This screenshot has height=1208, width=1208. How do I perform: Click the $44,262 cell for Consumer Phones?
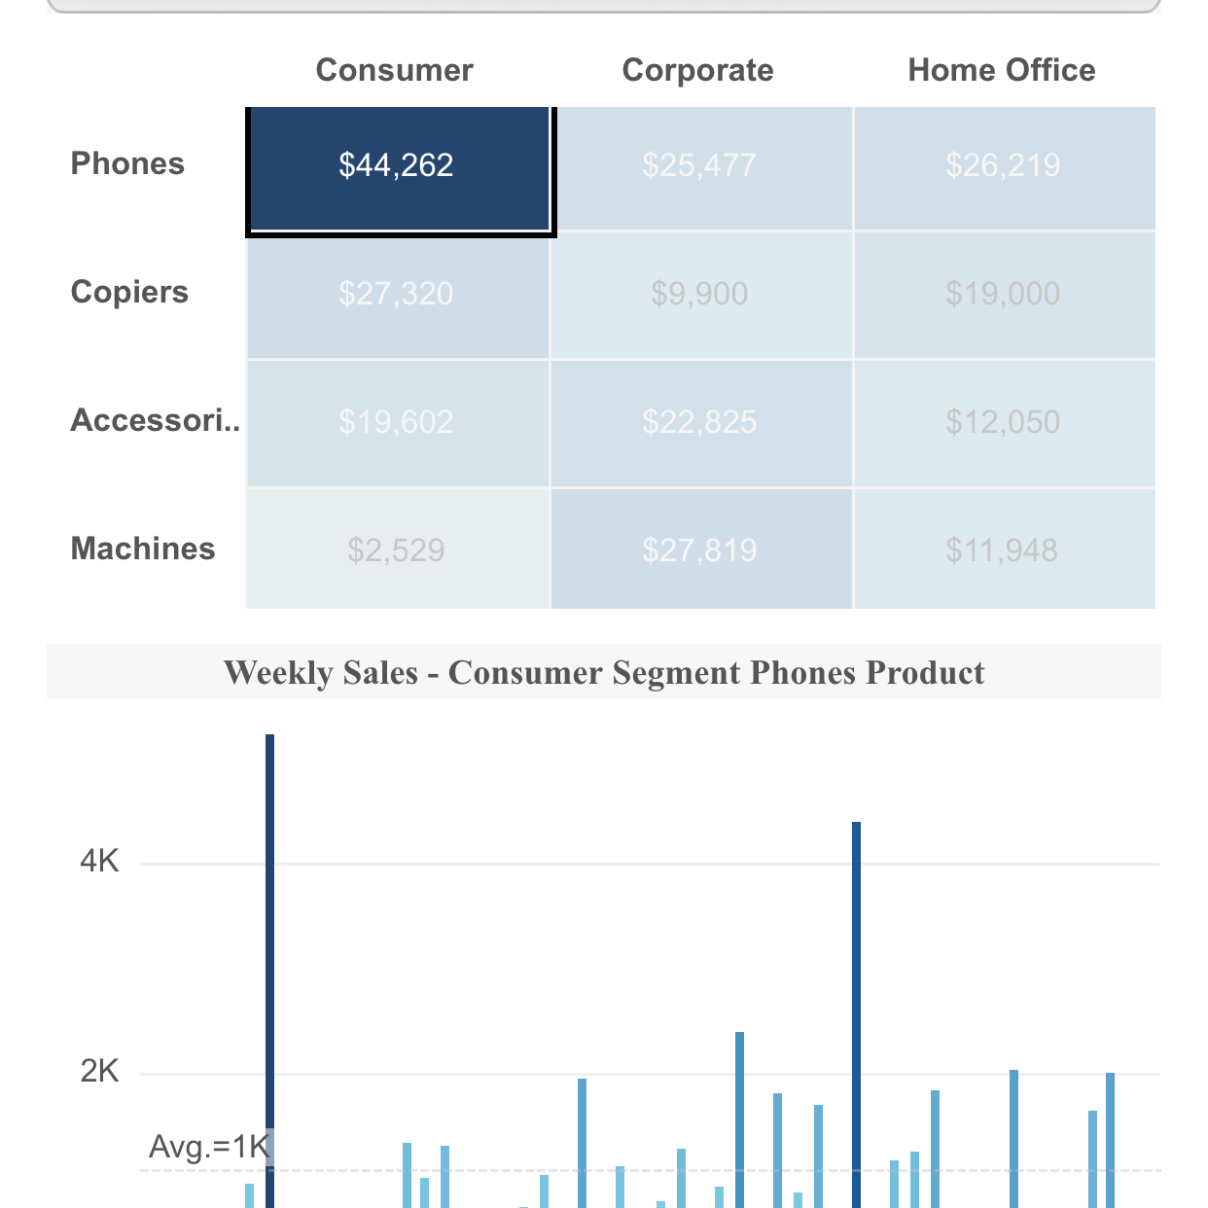click(397, 165)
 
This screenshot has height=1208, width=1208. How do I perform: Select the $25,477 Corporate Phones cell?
click(699, 165)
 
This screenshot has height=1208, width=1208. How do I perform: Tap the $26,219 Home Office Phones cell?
click(1003, 165)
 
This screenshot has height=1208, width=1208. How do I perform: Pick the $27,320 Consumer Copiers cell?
click(397, 294)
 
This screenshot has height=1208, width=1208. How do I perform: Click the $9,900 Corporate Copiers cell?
click(699, 294)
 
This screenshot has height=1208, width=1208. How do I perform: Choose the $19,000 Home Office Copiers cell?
click(1003, 294)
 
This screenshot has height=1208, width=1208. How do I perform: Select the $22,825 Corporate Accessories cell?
click(699, 422)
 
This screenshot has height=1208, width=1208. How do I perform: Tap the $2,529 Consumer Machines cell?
click(397, 551)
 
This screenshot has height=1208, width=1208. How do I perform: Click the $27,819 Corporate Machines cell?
click(699, 551)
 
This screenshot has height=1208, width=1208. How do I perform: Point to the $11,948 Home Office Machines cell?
click(1003, 551)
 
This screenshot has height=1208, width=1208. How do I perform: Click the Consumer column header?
click(395, 70)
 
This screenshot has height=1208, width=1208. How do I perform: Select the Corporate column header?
click(697, 70)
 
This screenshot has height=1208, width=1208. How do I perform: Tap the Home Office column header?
click(1002, 70)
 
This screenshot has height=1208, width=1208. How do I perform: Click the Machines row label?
click(143, 549)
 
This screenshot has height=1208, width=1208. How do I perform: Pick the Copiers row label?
click(129, 292)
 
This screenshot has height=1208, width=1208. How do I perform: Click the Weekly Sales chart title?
click(604, 672)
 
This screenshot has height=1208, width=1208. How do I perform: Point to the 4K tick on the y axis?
click(99, 861)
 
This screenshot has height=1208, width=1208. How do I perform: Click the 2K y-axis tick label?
click(99, 1072)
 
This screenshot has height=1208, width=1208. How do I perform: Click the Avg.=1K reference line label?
click(208, 1148)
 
